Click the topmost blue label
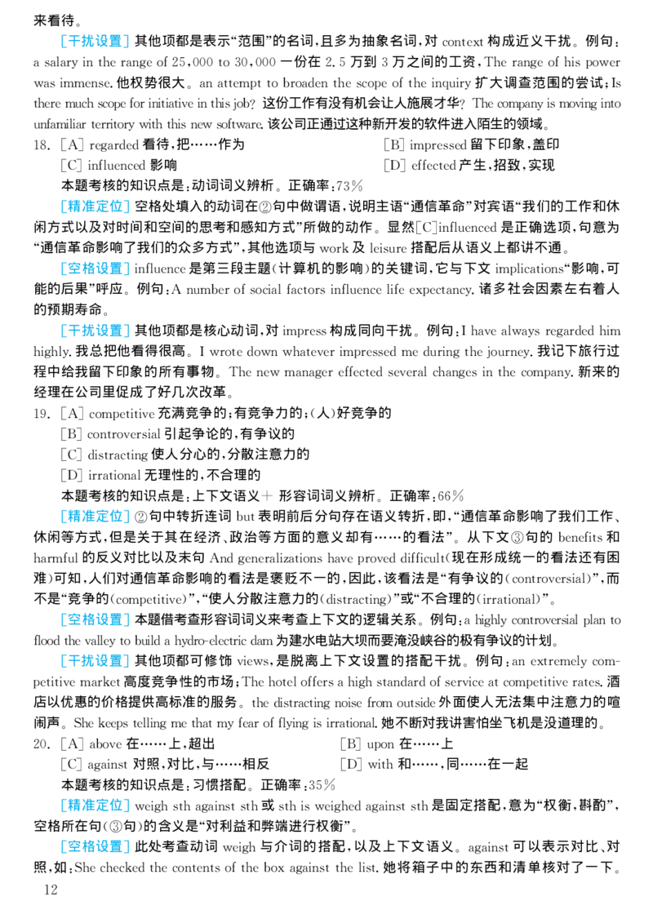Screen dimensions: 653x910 [95, 42]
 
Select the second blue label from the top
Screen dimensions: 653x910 [95, 206]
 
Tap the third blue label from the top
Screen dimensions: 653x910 [95, 269]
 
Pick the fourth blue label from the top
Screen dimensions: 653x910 [95, 330]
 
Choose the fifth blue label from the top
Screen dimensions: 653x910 [95, 517]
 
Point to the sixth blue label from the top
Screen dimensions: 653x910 [95, 618]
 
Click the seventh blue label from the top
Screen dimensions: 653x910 [95, 661]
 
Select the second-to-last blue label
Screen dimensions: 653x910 [95, 806]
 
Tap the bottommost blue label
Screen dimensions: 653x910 [95, 846]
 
